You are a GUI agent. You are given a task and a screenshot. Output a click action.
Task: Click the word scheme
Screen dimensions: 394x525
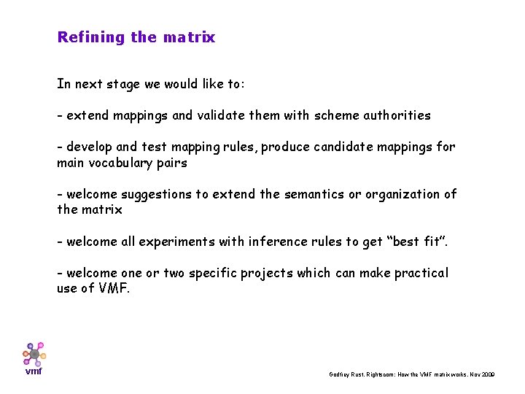click(x=330, y=115)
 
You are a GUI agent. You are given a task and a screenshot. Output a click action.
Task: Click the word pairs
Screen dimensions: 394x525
click(x=171, y=163)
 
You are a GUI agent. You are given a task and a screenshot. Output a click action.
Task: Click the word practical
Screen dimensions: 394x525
click(x=421, y=273)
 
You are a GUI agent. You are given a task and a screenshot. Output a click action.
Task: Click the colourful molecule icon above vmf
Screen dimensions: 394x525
click(x=34, y=354)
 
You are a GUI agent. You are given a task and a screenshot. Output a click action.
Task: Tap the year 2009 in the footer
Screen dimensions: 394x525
click(x=488, y=374)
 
